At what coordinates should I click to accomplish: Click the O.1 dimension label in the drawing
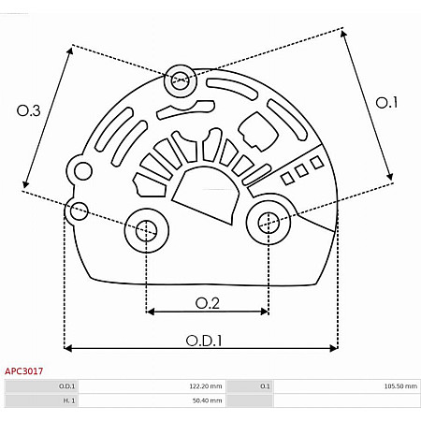[387, 103]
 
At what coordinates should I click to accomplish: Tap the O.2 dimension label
[207, 302]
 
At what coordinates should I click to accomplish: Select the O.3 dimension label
[29, 110]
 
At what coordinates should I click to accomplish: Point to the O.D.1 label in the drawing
[201, 341]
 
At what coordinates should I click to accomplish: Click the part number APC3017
[24, 371]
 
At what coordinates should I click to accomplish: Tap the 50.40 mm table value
[207, 400]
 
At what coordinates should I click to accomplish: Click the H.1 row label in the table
[68, 400]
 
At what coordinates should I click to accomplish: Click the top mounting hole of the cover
[178, 81]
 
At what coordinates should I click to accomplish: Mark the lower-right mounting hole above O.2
[268, 223]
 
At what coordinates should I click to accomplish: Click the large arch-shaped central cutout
[205, 186]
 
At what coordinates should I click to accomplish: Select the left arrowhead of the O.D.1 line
[68, 348]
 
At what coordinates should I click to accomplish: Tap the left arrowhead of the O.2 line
[150, 312]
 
